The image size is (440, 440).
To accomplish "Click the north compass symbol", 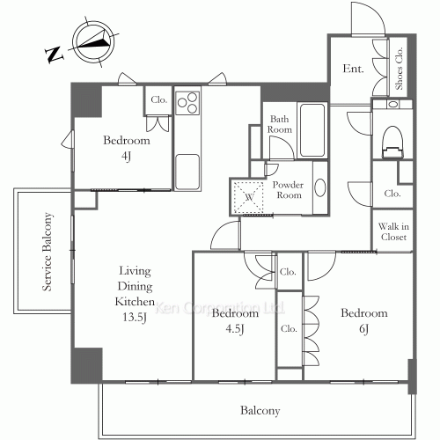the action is pos(93,40).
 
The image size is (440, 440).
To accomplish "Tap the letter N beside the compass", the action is pos(55,55).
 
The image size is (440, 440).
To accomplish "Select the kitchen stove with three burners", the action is pos(187,103).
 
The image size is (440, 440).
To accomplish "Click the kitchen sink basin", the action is pos(187,172).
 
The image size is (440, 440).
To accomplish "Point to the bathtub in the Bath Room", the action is pos(312,129).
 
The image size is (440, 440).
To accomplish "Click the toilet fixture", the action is pos(392,143).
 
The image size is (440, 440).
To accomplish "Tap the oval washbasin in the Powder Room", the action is pos(319,187).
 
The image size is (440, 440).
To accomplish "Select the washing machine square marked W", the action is pos(249,197).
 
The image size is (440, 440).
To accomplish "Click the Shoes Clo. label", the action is pos(399,69).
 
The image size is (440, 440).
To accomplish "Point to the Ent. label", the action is pos(353,69).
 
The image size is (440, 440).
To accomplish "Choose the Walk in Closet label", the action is pos(393,231).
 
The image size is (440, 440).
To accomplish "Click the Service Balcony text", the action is pos(48,252).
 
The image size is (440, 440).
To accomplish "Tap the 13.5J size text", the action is pos(135,317).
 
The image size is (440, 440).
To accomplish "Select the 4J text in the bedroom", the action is pos(126,157).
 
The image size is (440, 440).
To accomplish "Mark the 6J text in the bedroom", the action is pos(363,329).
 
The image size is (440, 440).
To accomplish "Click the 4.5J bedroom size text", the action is pos(235,329).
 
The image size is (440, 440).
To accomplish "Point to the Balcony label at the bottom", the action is pos(260,410).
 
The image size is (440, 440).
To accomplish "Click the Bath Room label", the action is pos(279,124).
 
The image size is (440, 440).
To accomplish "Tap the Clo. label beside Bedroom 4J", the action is pos(159,99).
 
